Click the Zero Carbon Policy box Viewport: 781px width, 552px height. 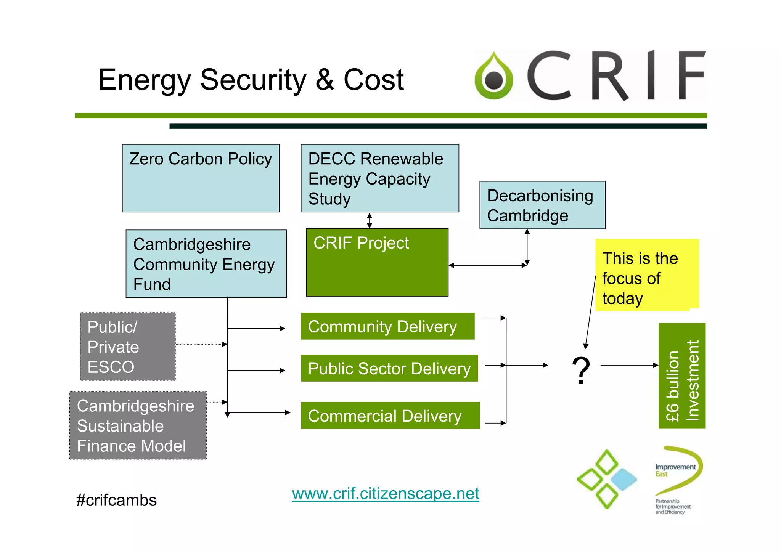coord(201,178)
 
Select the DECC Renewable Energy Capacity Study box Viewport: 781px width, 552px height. coord(379,178)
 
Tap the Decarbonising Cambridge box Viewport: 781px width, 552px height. coord(542,205)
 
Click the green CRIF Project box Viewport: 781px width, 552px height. coord(377,262)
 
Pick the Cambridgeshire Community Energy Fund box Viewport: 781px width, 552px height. coord(206,264)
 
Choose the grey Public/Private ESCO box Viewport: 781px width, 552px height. coord(127,347)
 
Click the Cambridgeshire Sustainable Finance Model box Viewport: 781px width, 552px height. coord(138,425)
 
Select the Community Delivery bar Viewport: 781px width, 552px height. coord(387,326)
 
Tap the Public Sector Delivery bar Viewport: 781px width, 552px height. coord(389,368)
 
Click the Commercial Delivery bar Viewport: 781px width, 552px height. coord(390,416)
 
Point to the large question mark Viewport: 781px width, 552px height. coord(581,370)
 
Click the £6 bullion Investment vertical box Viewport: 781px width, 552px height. coord(681,376)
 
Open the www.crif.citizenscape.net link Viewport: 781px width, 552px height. coord(385,494)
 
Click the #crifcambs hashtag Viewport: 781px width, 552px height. coord(116,500)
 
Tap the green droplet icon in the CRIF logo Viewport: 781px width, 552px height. coord(494,76)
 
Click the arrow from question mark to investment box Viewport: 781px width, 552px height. coord(629,365)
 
